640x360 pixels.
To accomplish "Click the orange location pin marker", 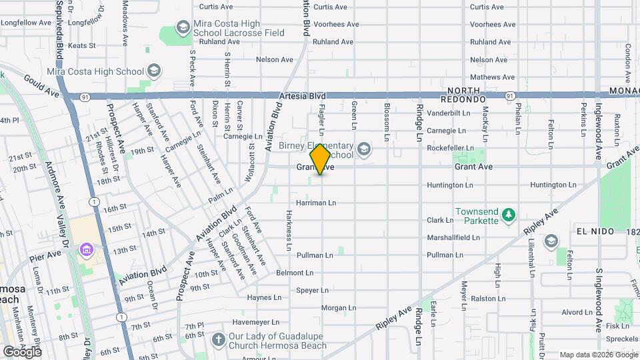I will click(x=320, y=159).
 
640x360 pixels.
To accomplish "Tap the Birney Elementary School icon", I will click(x=363, y=148).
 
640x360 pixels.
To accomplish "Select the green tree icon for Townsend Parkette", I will click(x=509, y=214).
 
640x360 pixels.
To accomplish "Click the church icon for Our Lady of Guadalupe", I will click(x=218, y=339).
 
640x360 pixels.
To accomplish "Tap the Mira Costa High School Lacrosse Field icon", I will click(x=182, y=27).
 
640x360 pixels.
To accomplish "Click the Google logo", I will click(x=23, y=351).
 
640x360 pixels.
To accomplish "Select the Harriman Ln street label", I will click(x=316, y=202).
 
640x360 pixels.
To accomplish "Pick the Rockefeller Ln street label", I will click(x=450, y=148).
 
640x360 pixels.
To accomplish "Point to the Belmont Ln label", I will click(x=294, y=273).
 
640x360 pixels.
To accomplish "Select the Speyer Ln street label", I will click(x=312, y=290).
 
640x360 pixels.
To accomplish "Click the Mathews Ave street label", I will click(x=493, y=77).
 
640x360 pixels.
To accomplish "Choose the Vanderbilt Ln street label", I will click(x=450, y=113).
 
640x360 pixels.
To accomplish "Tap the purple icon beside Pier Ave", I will click(x=86, y=250).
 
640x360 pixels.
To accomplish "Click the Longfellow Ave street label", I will click(x=25, y=23).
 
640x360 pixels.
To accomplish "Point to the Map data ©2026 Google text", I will click(x=597, y=355).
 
